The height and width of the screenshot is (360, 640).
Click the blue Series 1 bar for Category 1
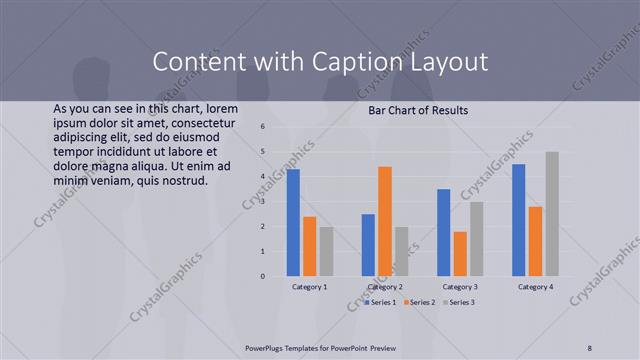pyautogui.click(x=293, y=223)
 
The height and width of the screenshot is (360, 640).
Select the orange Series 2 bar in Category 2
pyautogui.click(x=385, y=221)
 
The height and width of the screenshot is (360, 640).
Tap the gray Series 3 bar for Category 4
pyautogui.click(x=552, y=214)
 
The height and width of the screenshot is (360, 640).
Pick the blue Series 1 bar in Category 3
pyautogui.click(x=444, y=233)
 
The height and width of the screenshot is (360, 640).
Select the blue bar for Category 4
pyautogui.click(x=519, y=220)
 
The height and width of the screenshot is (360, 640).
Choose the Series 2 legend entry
pyautogui.click(x=419, y=302)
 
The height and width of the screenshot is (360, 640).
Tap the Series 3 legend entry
pyautogui.click(x=459, y=302)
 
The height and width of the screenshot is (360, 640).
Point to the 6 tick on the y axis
pyautogui.click(x=261, y=127)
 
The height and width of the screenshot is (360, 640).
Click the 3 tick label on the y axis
pyautogui.click(x=261, y=201)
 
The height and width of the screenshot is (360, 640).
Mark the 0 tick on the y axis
pyautogui.click(x=261, y=276)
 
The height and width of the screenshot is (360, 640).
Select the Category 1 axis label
pyautogui.click(x=309, y=287)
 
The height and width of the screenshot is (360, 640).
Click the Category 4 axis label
pyautogui.click(x=535, y=287)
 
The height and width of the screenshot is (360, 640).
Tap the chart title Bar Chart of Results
pyautogui.click(x=418, y=109)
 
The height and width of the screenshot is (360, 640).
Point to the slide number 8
pyautogui.click(x=590, y=347)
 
